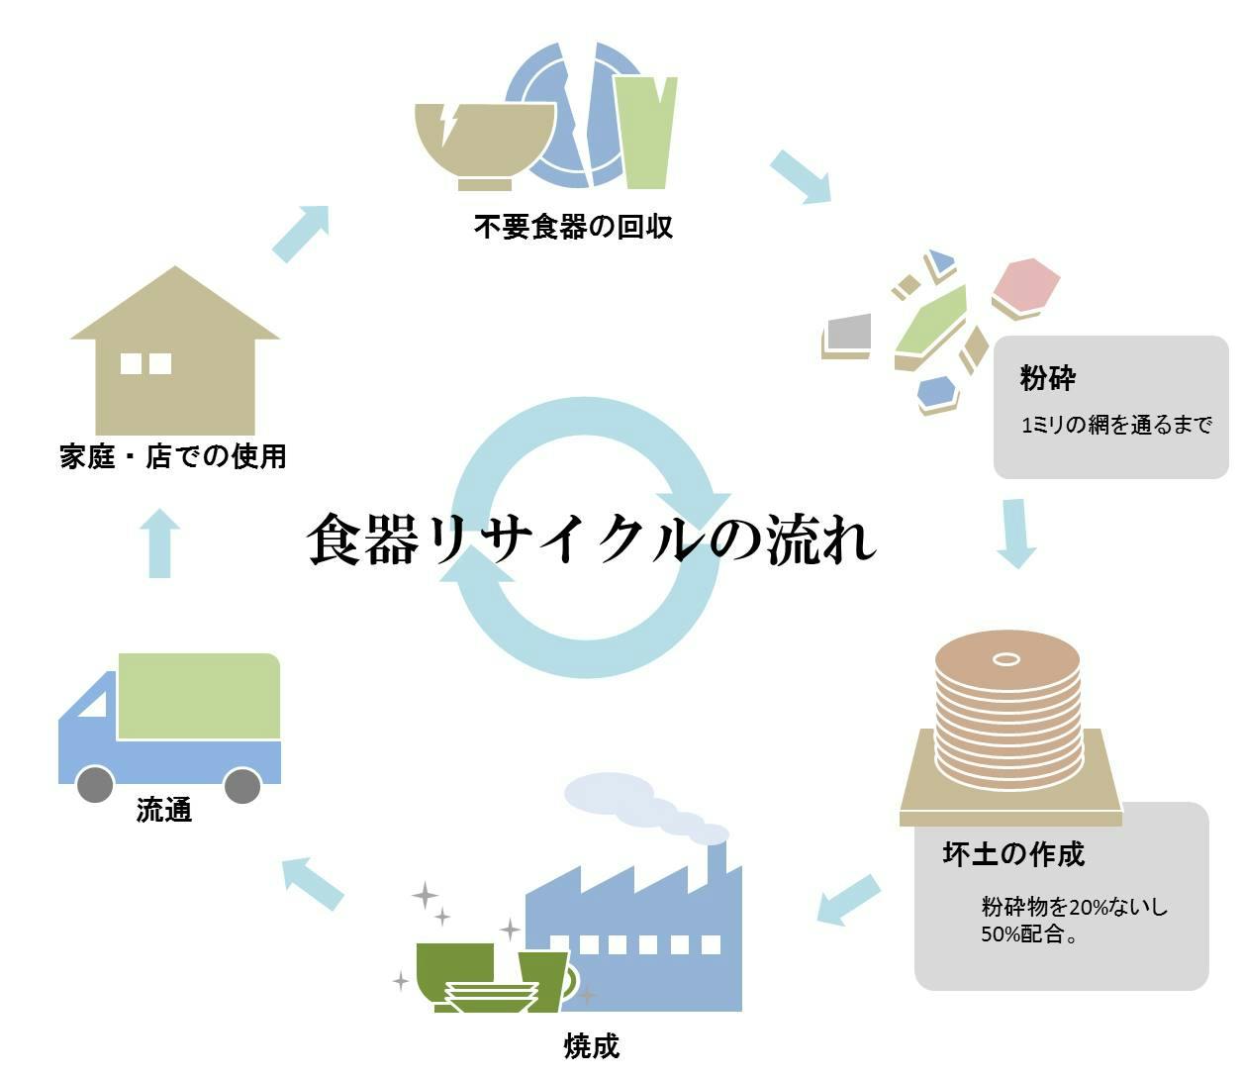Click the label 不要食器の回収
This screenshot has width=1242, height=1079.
[x=573, y=227]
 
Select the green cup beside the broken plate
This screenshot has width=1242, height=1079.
[x=644, y=129]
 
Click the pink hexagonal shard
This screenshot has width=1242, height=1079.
[x=1026, y=285]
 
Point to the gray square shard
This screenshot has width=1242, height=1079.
[x=848, y=334]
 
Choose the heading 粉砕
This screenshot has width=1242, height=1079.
[x=1047, y=378]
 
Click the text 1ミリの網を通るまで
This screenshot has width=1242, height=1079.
[x=1115, y=425]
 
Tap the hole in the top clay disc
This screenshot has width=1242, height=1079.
[x=1006, y=659]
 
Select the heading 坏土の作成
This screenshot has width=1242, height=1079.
[x=1012, y=853]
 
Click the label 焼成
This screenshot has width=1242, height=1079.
[x=592, y=1045]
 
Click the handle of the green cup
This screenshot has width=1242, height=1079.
[x=572, y=980]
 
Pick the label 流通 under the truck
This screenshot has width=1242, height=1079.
[x=164, y=810]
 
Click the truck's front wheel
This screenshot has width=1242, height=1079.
[x=94, y=785]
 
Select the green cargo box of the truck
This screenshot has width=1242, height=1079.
[x=198, y=696]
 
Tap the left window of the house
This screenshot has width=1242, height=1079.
[x=131, y=363]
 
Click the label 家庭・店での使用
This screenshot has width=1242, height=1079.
[x=173, y=456]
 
